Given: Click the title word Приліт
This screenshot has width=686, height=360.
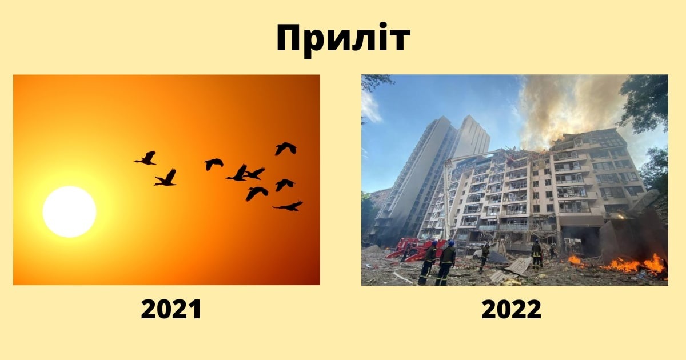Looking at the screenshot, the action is pyautogui.click(x=343, y=39).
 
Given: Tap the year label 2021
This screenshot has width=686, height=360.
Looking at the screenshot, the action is pyautogui.click(x=171, y=310).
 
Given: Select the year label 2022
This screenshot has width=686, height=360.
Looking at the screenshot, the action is pyautogui.click(x=511, y=310).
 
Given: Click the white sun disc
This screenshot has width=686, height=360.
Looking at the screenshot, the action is pyautogui.click(x=70, y=211).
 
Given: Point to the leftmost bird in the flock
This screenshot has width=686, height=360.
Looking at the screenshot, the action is pyautogui.click(x=146, y=158).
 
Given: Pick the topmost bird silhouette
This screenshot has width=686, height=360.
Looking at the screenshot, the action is pyautogui.click(x=286, y=149).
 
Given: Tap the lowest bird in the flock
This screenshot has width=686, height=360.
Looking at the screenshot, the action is pyautogui.click(x=289, y=206).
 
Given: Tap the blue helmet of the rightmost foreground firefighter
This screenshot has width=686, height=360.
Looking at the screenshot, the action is pyautogui.click(x=451, y=243).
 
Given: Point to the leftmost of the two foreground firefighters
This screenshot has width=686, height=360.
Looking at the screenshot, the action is pyautogui.click(x=428, y=263).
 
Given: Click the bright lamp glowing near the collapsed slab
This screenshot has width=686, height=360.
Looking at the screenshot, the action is pyautogui.click(x=621, y=217).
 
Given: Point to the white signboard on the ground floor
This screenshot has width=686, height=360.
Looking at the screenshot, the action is pyautogui.click(x=476, y=245).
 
